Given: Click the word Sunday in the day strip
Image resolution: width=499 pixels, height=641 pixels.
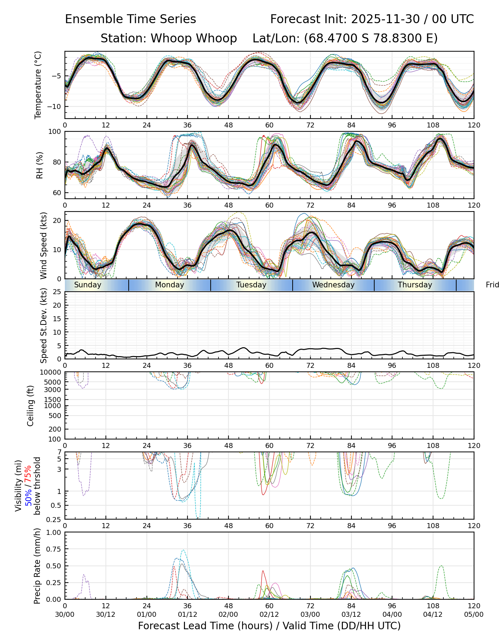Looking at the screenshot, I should (88, 285).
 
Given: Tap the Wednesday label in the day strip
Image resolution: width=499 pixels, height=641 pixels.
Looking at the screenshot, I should (333, 285).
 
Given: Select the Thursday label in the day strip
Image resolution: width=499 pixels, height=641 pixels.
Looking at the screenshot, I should (415, 285).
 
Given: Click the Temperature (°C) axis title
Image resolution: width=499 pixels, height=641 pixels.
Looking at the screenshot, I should (38, 85).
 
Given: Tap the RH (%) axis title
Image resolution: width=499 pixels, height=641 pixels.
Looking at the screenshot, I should (40, 165).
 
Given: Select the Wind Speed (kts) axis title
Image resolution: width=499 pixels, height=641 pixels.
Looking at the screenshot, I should (43, 245).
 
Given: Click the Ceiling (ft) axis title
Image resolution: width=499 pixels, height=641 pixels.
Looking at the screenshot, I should (31, 406).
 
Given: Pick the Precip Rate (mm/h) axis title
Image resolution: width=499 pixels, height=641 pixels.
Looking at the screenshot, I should (37, 566).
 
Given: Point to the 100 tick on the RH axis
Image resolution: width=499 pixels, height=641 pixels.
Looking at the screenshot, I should (55, 132).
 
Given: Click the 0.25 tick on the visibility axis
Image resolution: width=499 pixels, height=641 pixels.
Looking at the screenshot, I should (54, 519).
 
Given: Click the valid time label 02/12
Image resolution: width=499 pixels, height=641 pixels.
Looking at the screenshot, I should (269, 614).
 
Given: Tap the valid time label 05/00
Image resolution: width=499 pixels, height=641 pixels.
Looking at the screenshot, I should (474, 614).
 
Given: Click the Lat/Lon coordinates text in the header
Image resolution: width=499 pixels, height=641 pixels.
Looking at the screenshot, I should (345, 38).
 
